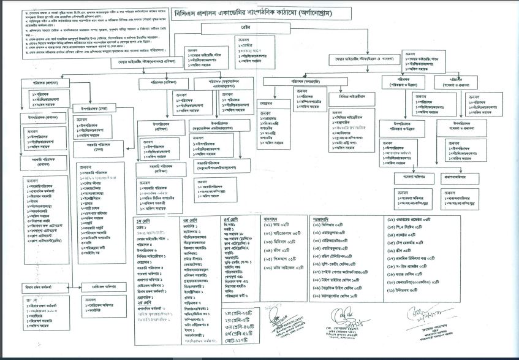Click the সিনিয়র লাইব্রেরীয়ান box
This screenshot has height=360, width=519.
coord(353,97)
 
